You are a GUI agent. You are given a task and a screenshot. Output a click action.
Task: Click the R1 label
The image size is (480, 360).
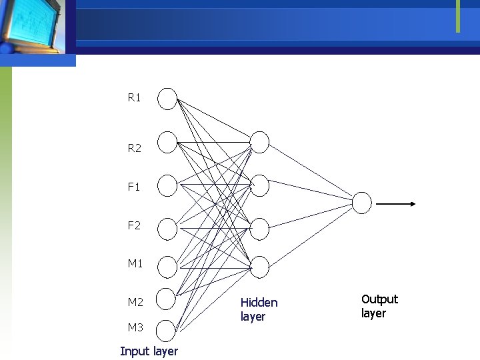(134, 98)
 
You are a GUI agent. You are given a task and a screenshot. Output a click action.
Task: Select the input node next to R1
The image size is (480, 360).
(167, 99)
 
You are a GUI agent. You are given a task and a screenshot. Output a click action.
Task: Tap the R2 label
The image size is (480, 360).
(134, 149)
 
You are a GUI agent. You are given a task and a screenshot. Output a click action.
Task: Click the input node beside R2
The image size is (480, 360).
(167, 142)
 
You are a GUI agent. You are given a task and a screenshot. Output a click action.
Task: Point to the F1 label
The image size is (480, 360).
(134, 187)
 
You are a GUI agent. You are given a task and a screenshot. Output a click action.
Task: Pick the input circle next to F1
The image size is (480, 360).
(167, 185)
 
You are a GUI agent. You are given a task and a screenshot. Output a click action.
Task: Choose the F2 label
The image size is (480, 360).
(134, 225)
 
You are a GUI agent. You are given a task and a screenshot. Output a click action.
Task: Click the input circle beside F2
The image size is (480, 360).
(167, 229)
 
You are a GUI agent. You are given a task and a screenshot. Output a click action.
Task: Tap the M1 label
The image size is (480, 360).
(135, 263)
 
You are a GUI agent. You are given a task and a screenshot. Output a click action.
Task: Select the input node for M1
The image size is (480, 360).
(167, 267)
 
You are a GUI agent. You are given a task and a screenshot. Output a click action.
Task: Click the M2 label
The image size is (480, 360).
(135, 302)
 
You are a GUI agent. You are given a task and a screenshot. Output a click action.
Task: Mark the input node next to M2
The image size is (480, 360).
(167, 298)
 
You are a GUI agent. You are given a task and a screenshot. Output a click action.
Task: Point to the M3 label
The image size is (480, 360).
(135, 327)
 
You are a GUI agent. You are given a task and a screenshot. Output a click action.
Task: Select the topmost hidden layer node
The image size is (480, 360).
(259, 142)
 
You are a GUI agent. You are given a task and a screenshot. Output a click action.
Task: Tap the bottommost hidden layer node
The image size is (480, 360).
(259, 267)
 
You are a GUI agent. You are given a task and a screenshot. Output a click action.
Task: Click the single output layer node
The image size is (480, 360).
(361, 203)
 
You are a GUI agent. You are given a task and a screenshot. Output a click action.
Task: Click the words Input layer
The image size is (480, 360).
(149, 351)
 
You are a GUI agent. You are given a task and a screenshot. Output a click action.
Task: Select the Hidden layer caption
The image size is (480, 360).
(259, 309)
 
